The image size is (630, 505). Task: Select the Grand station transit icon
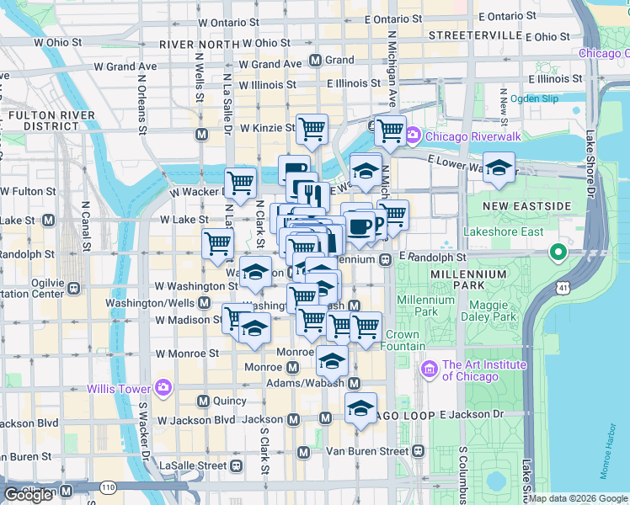tap(316, 61)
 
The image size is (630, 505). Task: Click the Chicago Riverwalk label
tap(464, 136)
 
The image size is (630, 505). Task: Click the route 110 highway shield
tap(108, 487)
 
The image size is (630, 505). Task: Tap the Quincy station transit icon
tap(203, 401)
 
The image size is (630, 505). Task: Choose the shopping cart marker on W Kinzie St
tap(312, 130)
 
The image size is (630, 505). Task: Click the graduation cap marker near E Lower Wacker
tap(499, 166)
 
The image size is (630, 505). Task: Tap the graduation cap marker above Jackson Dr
tap(360, 408)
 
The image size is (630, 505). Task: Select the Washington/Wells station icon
tap(205, 303)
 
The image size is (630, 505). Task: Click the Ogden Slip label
tap(535, 98)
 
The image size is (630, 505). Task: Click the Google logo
tap(29, 495)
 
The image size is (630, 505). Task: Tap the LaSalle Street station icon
tap(234, 465)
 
